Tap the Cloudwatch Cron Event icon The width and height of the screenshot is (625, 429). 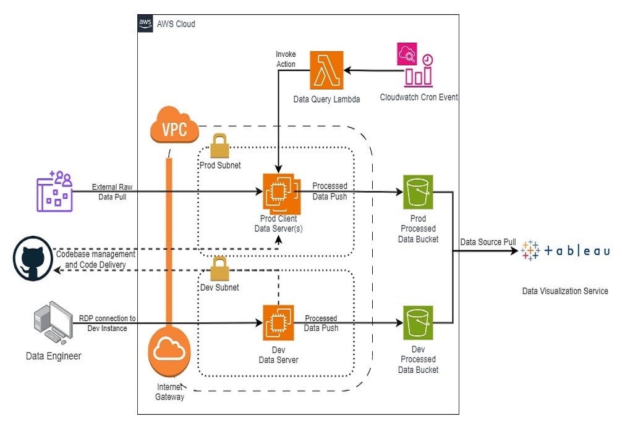(x=415, y=64)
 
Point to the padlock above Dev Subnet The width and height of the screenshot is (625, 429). (x=220, y=269)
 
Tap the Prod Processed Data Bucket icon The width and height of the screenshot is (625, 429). (x=418, y=193)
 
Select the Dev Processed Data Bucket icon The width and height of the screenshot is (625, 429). (x=418, y=323)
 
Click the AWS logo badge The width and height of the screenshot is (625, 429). (x=145, y=23)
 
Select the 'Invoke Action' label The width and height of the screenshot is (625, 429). (x=286, y=59)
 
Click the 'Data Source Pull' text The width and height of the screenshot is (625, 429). (x=488, y=242)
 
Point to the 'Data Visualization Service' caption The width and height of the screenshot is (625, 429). (x=565, y=291)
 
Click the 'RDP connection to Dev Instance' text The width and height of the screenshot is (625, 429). (x=107, y=323)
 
